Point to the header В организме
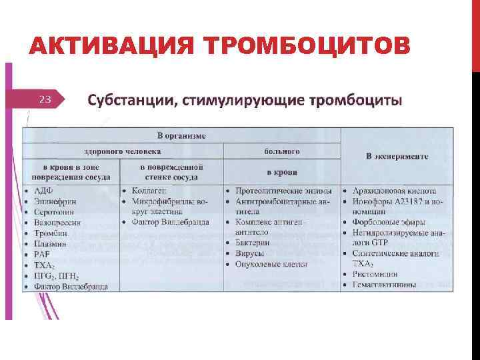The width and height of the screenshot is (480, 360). pyautogui.click(x=181, y=135)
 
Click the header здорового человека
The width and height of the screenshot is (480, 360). pyautogui.click(x=122, y=151)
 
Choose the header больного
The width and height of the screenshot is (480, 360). pyautogui.click(x=282, y=151)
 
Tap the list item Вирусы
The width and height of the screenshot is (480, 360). pyautogui.click(x=249, y=254)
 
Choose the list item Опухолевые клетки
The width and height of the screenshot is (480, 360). pyautogui.click(x=271, y=265)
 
